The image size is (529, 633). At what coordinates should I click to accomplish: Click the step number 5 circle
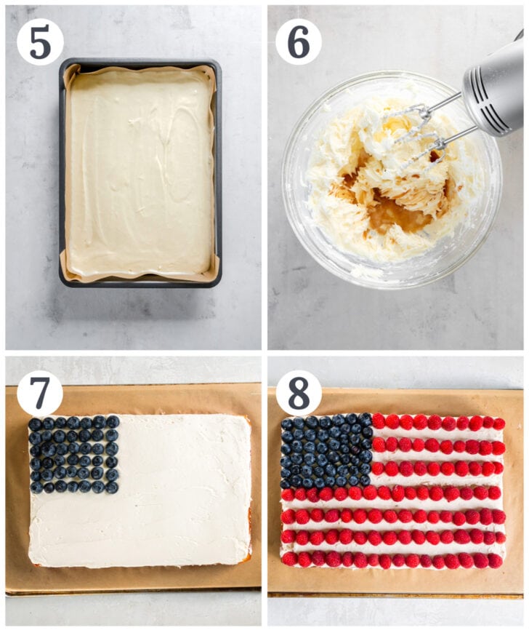40,41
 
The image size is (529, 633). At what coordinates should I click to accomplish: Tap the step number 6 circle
298,41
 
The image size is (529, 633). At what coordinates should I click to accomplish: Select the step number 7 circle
40,393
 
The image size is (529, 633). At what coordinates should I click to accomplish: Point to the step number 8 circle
298,393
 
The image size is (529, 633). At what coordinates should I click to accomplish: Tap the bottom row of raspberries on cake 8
392,560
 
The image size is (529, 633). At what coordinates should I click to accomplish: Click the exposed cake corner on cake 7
246,556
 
